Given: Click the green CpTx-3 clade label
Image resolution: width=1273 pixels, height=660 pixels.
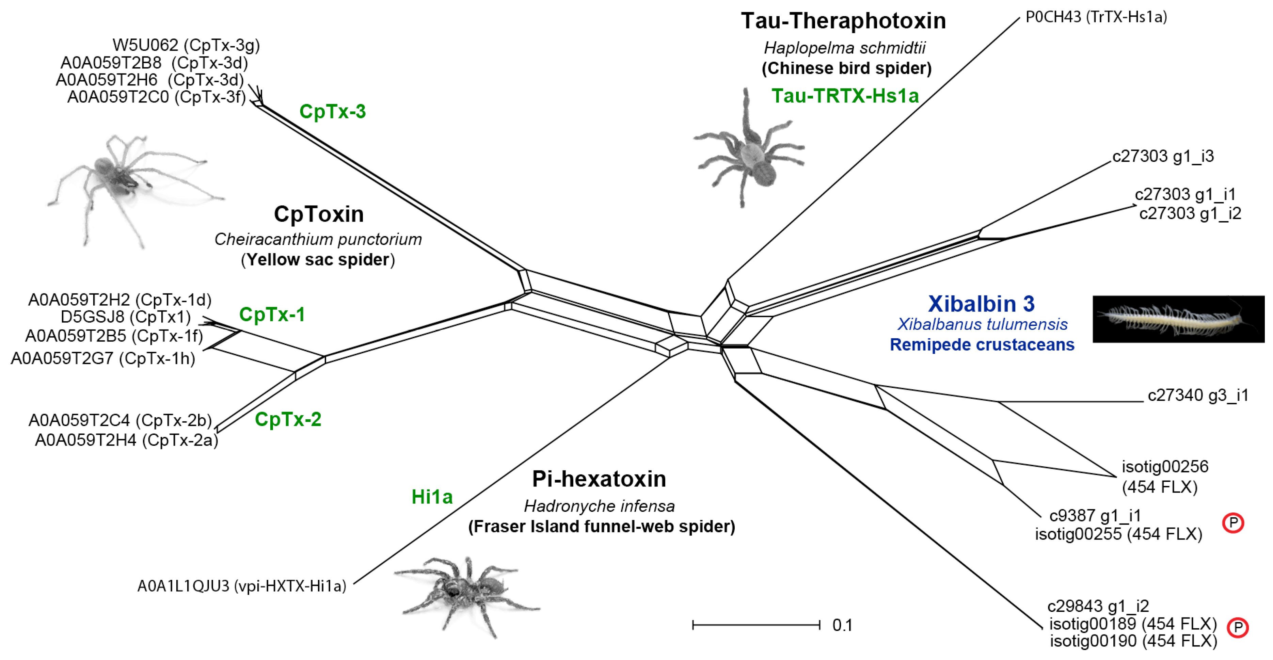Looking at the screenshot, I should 333,112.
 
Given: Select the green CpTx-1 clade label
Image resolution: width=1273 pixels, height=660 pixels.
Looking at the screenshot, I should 272,315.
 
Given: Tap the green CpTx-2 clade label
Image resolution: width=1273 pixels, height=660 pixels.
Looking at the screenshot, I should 288,419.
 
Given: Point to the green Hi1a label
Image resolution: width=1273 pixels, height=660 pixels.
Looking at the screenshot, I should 432,497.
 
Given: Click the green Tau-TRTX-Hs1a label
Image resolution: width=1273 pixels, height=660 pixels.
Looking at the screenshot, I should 845,96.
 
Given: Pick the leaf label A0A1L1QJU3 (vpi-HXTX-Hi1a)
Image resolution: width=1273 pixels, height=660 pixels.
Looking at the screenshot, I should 242,586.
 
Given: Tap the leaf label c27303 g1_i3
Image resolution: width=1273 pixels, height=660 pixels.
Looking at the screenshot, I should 1163,157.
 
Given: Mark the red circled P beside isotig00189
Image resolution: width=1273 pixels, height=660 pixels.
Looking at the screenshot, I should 1237,628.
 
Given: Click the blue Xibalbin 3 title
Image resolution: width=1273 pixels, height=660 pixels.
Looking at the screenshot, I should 981,304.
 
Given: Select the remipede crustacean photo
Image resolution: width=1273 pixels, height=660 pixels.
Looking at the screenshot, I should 1178,319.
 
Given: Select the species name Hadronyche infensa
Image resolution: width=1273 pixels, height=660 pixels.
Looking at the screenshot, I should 599,506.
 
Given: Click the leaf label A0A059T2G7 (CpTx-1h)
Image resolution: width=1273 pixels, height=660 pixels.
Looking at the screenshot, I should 103,359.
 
